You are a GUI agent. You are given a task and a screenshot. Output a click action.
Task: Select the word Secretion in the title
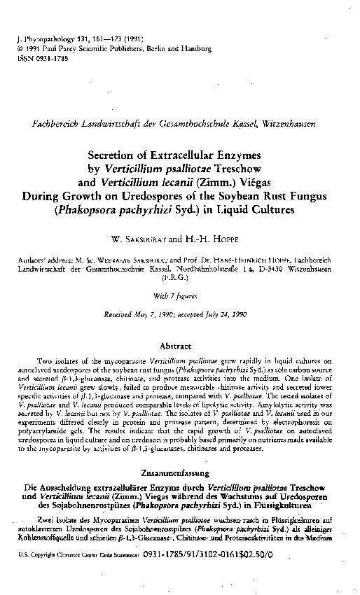[113, 155]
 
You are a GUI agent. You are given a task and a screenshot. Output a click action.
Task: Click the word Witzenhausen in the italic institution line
[295, 123]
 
